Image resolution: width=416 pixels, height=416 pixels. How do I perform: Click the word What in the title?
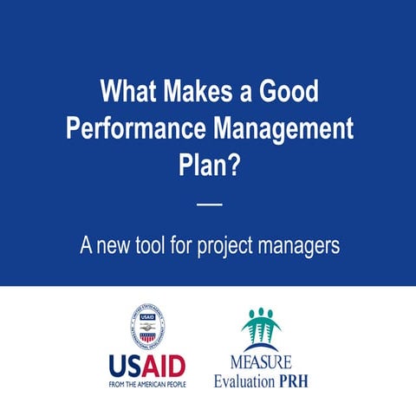pos(129,91)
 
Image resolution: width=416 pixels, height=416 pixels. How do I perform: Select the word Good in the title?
pos(286,91)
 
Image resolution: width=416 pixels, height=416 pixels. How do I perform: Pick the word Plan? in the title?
pos(209,166)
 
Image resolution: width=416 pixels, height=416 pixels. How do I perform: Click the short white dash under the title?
pos(210,205)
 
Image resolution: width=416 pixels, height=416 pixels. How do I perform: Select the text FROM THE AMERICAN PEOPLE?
pos(147,382)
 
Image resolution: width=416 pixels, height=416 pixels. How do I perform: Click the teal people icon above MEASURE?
pos(261,328)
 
